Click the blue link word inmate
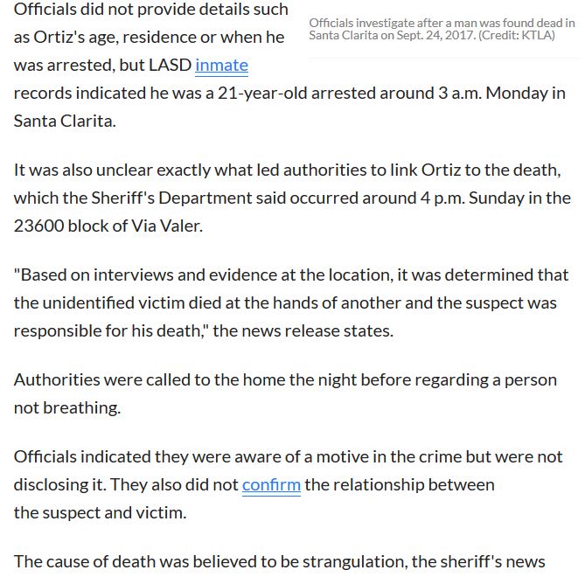point(221,65)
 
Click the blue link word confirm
point(271,484)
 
